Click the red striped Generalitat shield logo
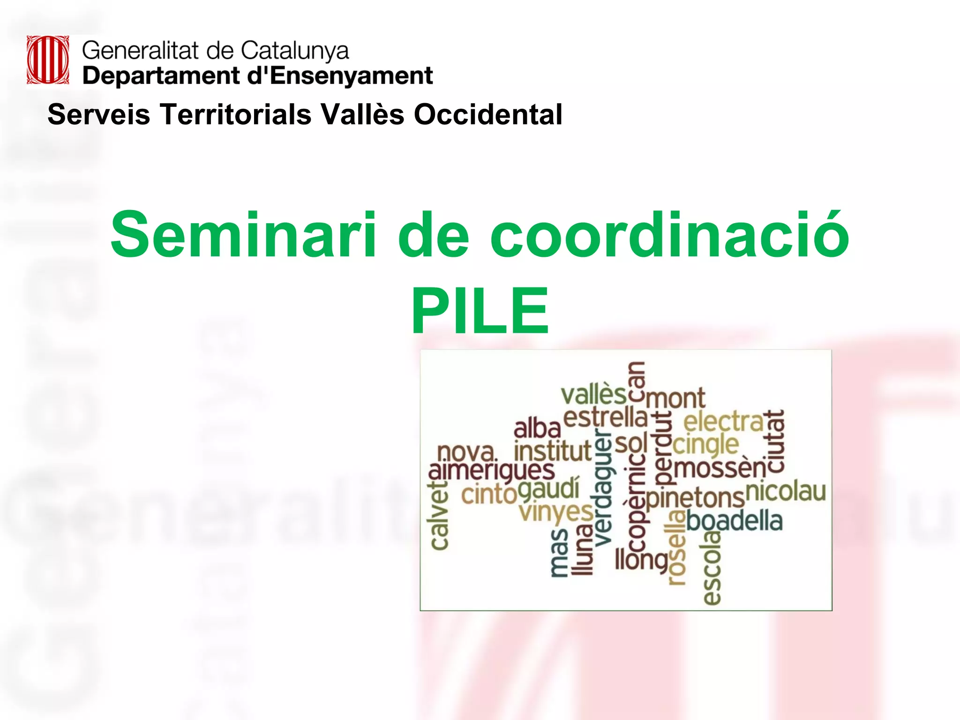coord(48,60)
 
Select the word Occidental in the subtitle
coord(487,114)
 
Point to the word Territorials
coord(236,114)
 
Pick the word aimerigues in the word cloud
coord(491,471)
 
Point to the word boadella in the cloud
coord(735,521)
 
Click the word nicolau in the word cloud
coord(785,491)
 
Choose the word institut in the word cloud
coord(552,451)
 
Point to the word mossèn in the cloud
coord(720,468)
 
